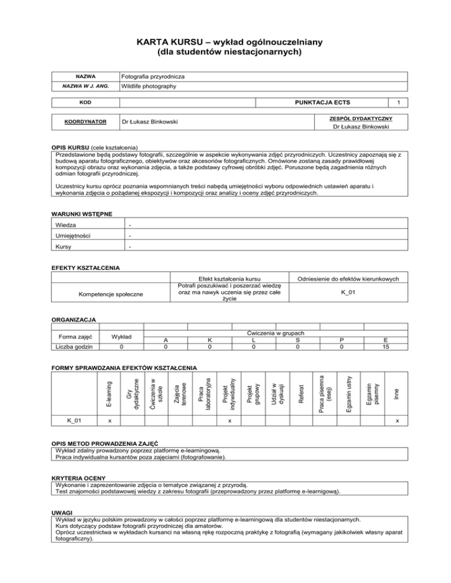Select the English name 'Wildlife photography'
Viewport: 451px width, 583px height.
tap(149, 87)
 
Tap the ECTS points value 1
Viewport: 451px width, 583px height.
tap(399, 102)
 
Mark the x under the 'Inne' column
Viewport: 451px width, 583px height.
tap(398, 420)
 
